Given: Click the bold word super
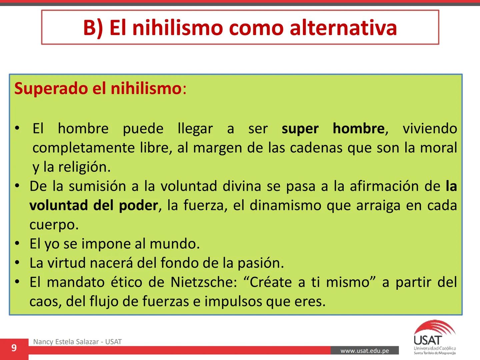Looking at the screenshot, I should (x=300, y=129).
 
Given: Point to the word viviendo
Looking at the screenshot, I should (x=430, y=129).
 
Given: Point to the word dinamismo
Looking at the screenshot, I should (x=285, y=205).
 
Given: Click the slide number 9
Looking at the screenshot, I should (x=14, y=348).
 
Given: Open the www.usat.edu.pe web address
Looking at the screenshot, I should (x=365, y=351).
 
